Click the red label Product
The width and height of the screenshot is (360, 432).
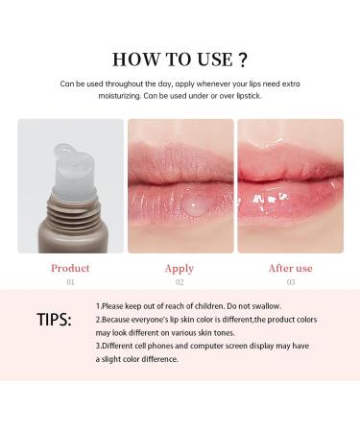pos(70,268)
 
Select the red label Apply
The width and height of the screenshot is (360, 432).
pos(180,268)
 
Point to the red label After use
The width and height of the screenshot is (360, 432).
pos(289,268)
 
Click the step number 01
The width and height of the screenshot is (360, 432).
pos(70,283)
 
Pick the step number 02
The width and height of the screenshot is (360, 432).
pos(180,283)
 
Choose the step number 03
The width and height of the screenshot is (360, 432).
pos(289,283)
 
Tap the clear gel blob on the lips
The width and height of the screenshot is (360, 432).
pos(171,200)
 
